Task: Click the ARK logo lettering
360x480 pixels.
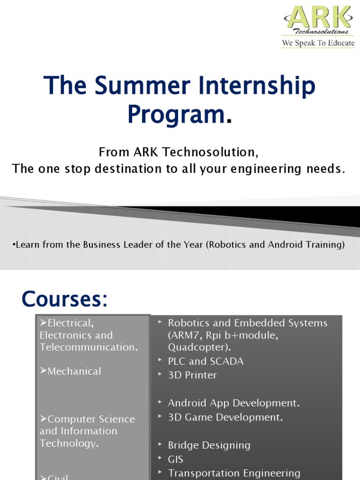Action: pos(318,18)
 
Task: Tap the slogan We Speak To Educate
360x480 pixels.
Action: pos(318,43)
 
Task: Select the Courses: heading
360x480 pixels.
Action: pos(65,300)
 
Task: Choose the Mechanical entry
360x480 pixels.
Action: pos(74,371)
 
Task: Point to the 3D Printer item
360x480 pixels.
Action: pos(192,375)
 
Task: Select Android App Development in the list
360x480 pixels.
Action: pos(233,403)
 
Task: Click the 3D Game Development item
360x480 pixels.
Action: pos(225,417)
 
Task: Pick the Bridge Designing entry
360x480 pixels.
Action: pos(209,445)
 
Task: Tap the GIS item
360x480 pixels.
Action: pos(175,459)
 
